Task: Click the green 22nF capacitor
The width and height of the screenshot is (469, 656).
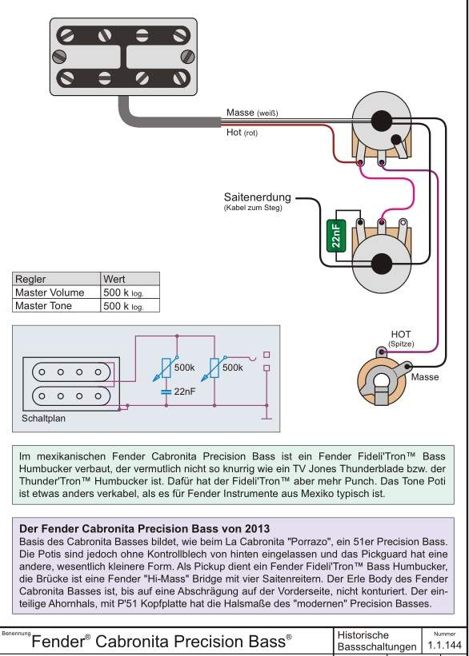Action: pyautogui.click(x=335, y=236)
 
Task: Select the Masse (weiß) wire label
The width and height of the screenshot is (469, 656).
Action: pyautogui.click(x=252, y=113)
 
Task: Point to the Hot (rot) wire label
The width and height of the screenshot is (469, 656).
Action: pyautogui.click(x=242, y=133)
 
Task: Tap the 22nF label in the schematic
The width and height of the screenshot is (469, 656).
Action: pyautogui.click(x=184, y=392)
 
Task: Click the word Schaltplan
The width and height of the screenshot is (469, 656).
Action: pyautogui.click(x=43, y=419)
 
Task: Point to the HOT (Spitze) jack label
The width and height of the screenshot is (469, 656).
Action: pyautogui.click(x=401, y=339)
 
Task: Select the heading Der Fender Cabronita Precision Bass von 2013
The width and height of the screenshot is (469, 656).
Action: pyautogui.click(x=145, y=527)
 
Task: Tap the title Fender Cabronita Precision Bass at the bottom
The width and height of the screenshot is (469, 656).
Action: pyautogui.click(x=162, y=641)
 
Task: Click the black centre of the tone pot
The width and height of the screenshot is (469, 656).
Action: pyautogui.click(x=382, y=264)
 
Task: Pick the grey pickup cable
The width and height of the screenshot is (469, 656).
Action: pyautogui.click(x=163, y=119)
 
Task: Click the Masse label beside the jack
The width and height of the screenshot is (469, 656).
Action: pyautogui.click(x=425, y=377)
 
